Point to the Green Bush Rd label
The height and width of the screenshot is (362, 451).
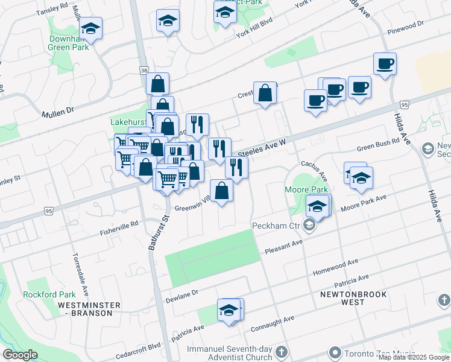coord(378,145)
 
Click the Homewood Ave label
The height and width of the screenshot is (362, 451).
coord(335,266)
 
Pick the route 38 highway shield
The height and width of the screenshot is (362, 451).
coord(143,71)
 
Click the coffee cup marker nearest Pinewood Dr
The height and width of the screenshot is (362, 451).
coord(384,63)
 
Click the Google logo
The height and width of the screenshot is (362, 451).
coord(20,355)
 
